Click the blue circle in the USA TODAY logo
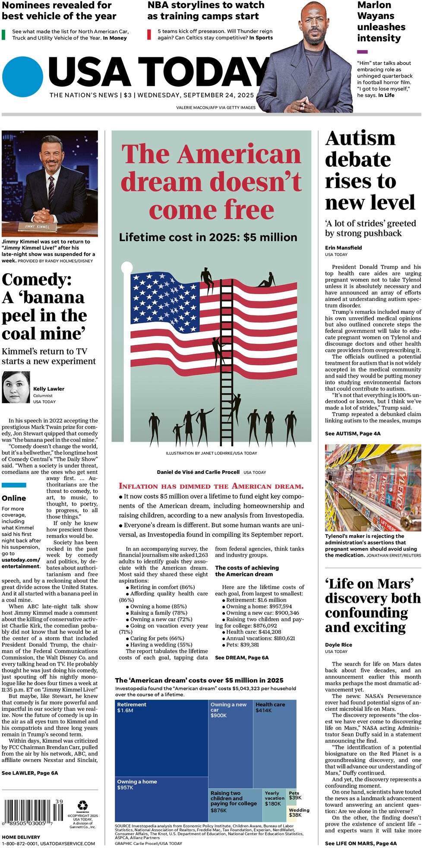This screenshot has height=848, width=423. coord(22,77)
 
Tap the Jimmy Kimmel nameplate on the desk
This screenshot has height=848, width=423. coord(37,226)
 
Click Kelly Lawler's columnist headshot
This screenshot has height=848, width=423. coord(16,387)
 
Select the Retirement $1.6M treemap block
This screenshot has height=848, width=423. coord(161,738)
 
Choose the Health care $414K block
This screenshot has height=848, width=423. coord(275,744)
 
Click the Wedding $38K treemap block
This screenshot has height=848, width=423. coord(299,813)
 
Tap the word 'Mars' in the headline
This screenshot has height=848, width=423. coord(388,584)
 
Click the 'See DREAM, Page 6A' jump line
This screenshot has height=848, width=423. coord(242,657)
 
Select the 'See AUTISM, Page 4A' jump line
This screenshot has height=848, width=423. coord(353,433)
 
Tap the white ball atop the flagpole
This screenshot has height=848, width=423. coord(127,267)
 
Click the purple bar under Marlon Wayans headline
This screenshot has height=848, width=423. coord(363,52)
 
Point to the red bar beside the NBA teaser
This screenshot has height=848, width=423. coord(149,34)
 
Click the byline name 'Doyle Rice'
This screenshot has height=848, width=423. coord(338,645)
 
